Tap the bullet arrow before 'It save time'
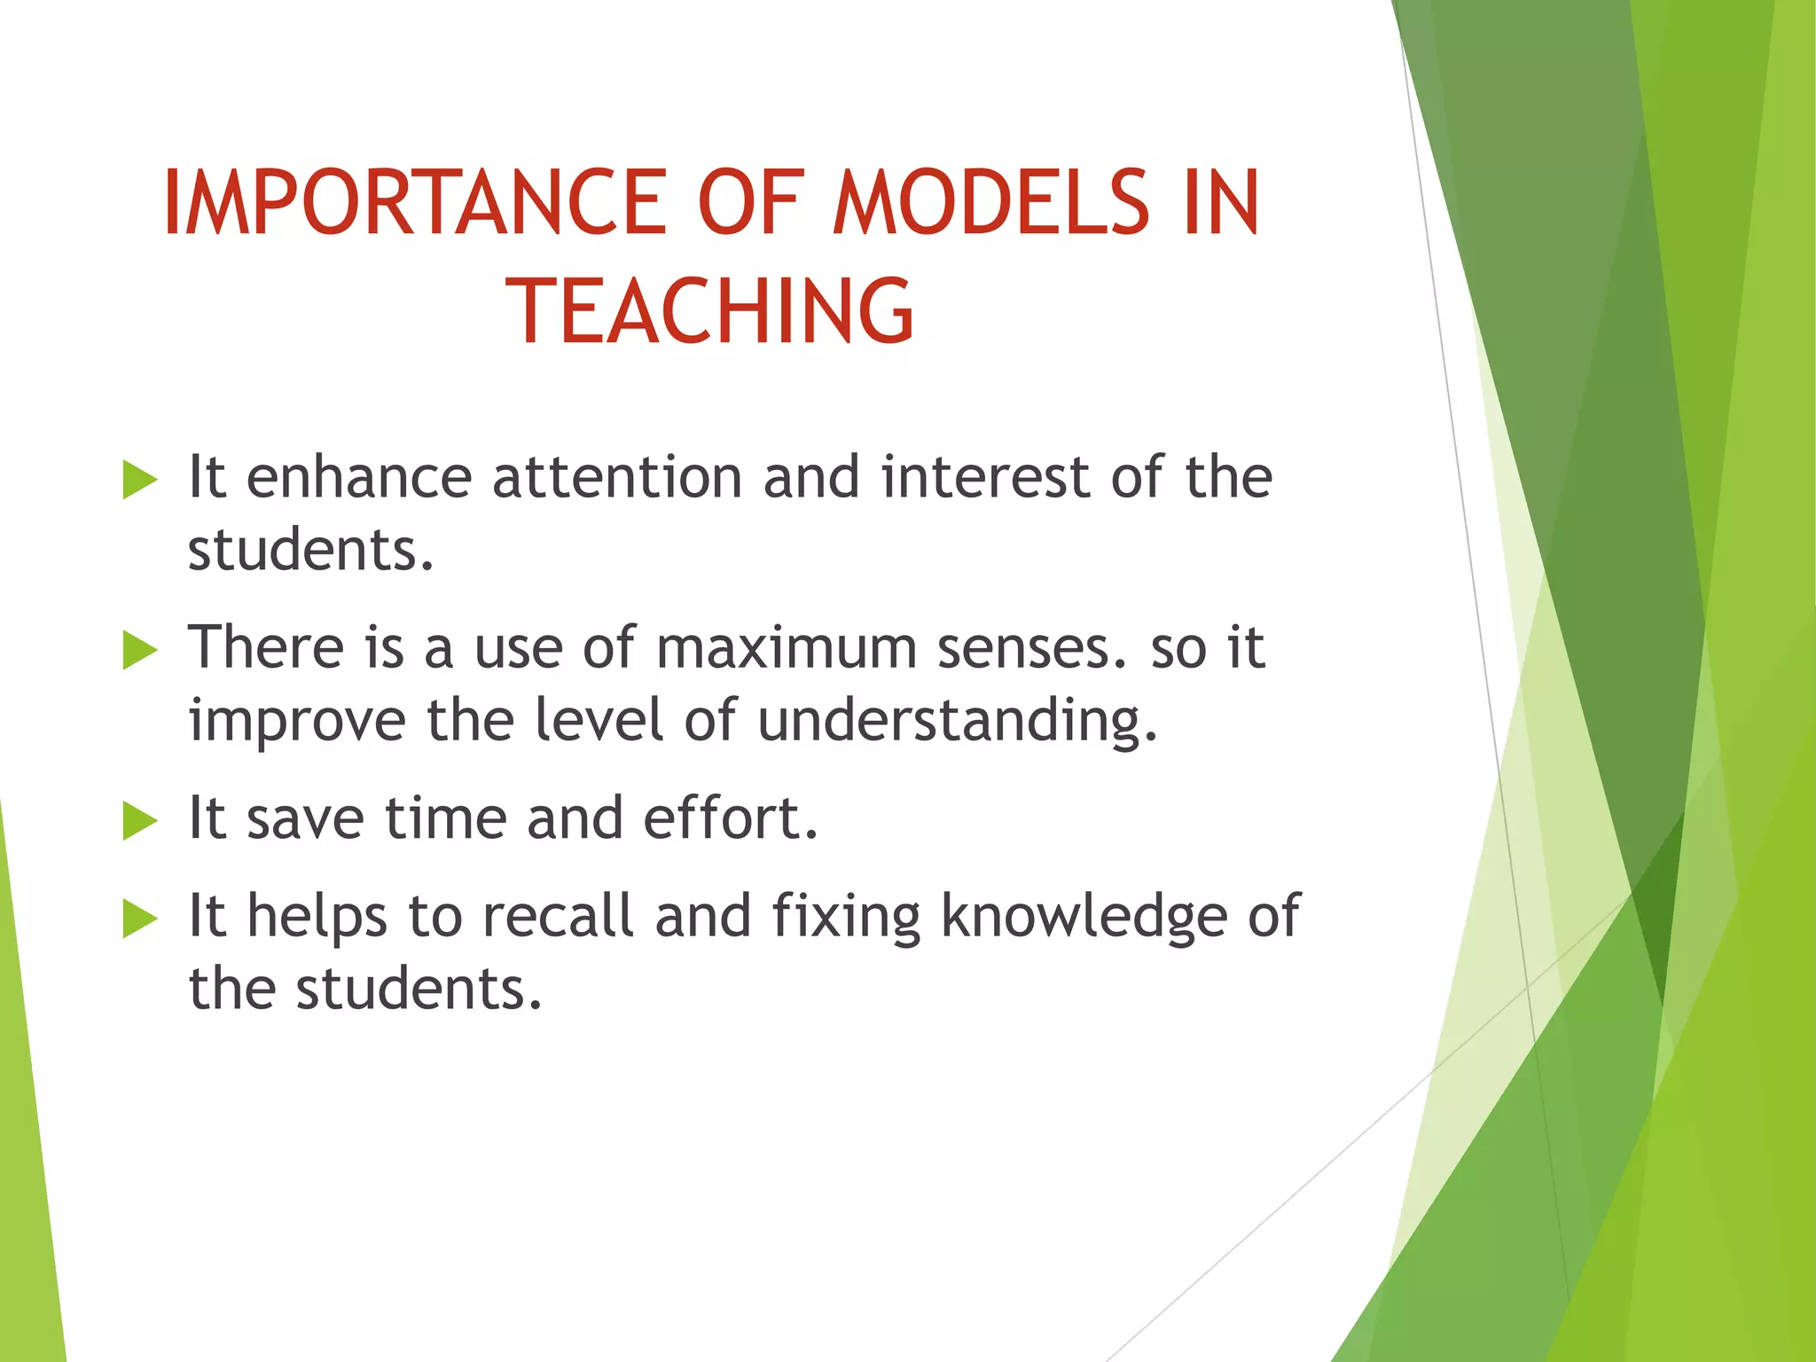coord(139,820)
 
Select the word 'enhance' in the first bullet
coord(358,478)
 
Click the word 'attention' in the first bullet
coord(617,478)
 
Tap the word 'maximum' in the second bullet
coord(787,648)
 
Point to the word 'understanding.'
coord(958,720)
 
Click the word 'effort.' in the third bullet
coord(730,818)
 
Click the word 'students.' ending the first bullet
coord(311,551)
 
